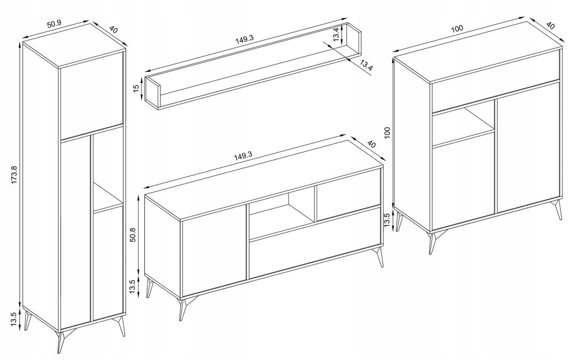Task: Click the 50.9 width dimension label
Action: click(x=54, y=24)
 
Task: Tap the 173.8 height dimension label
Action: click(x=14, y=175)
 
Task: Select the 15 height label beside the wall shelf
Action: click(x=136, y=88)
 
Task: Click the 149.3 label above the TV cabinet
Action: click(x=243, y=156)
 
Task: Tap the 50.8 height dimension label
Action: click(x=133, y=235)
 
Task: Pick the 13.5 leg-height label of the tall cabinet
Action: click(x=14, y=319)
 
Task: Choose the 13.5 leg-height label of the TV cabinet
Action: click(x=133, y=287)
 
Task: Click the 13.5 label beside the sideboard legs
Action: click(x=387, y=220)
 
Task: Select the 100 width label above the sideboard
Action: click(x=457, y=29)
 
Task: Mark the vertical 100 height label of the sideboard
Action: click(x=387, y=133)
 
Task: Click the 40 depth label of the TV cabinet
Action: click(x=371, y=144)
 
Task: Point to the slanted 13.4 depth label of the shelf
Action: click(x=366, y=66)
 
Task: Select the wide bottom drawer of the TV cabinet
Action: click(x=316, y=242)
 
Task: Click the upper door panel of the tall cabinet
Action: click(x=91, y=96)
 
